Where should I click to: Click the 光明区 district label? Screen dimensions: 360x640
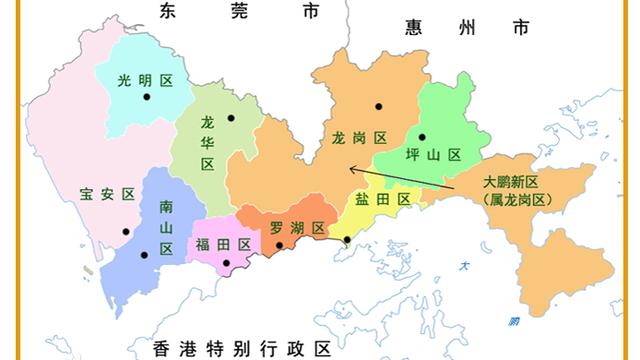click(139, 80)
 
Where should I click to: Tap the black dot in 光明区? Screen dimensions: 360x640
click(147, 97)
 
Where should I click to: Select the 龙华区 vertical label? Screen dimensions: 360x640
click(208, 143)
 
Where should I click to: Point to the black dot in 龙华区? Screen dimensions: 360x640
click(231, 118)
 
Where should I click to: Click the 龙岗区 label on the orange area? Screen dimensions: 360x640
click(359, 139)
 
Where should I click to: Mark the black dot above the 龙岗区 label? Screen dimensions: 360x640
click(379, 106)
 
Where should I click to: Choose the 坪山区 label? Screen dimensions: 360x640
click(433, 155)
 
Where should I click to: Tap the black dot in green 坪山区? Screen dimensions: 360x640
click(422, 137)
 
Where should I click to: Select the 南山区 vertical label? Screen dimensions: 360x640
click(166, 229)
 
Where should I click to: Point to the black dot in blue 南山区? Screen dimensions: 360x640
click(144, 254)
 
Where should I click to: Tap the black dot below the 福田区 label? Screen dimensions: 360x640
click(227, 264)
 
